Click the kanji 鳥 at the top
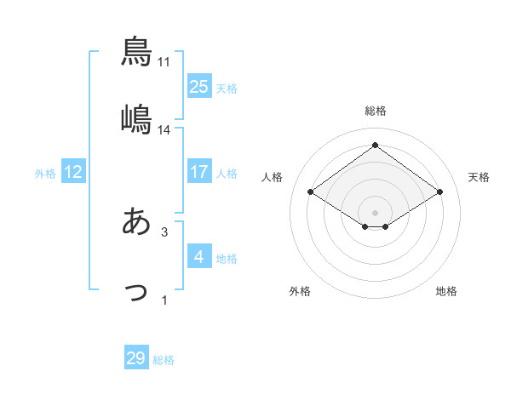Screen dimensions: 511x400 coord(136,51)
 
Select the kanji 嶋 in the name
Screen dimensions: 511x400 coord(136,119)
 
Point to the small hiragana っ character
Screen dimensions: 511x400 coord(136,292)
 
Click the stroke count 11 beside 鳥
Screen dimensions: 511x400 coord(164,62)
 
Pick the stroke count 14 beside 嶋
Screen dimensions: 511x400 coord(164,130)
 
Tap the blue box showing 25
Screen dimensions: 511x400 coord(199,86)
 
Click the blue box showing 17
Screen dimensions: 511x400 coord(199,171)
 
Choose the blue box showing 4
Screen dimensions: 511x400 coord(199,256)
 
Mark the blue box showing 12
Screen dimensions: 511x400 coord(73,171)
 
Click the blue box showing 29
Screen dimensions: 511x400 coord(136,358)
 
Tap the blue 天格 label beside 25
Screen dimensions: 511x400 coord(227,88)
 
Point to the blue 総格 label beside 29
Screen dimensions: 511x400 coord(164,360)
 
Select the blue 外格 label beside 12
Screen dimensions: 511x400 coord(45,173)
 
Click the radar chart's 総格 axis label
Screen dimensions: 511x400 coord(375,111)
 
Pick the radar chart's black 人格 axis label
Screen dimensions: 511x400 coord(273,177)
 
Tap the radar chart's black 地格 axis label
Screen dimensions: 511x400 coord(446,291)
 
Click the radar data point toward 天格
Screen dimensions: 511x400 coord(439,192)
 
